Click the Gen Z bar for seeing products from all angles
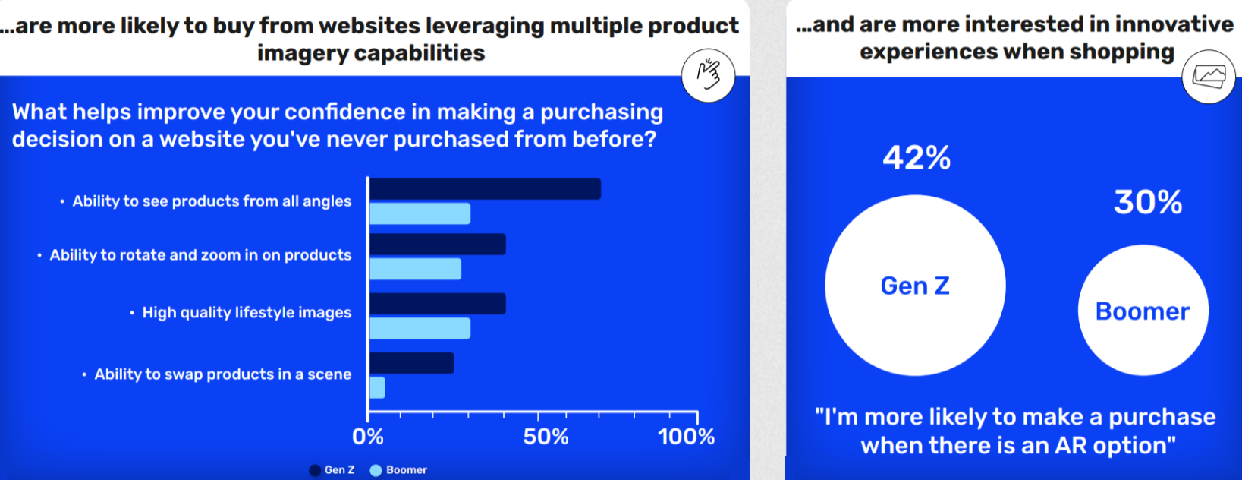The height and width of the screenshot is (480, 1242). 485,188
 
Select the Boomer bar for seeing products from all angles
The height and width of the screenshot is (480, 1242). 420,213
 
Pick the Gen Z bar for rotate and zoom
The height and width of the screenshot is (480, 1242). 438,244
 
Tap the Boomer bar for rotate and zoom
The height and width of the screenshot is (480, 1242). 415,269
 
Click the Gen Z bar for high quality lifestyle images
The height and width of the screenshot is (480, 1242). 438,304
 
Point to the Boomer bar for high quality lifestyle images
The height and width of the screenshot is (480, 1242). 420,328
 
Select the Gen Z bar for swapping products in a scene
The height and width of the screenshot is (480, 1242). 412,363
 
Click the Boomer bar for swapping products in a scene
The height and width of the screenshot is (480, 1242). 378,388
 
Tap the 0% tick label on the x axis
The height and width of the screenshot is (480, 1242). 368,437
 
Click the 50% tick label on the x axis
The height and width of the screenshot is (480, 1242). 546,437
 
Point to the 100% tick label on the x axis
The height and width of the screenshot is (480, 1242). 687,437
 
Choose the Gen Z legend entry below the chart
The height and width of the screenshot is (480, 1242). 332,470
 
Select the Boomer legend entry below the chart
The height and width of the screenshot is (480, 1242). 398,470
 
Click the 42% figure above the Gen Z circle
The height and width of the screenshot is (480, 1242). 917,158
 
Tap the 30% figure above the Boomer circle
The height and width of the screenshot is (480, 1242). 1148,202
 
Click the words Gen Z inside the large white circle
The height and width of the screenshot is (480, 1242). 915,286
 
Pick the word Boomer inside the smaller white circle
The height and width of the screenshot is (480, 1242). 1143,311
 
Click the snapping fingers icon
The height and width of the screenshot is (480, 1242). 708,75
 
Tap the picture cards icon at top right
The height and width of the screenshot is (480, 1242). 1209,77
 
